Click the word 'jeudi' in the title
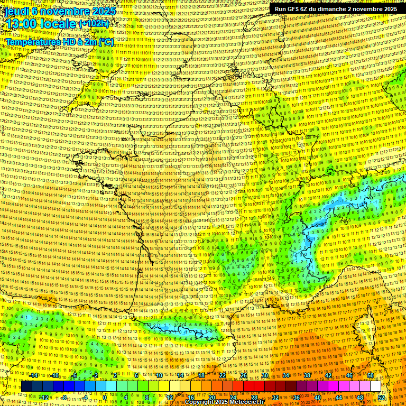tap(16, 11)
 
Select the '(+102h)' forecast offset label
tap(94, 24)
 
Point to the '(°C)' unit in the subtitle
tap(105, 42)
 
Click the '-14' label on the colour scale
tap(34, 375)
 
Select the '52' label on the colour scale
tap(381, 398)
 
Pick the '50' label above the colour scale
tap(371, 375)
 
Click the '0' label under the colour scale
tap(105, 398)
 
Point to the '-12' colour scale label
tap(44, 398)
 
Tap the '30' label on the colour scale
tap(265, 375)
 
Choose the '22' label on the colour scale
tap(223, 375)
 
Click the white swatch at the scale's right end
tap(376, 386)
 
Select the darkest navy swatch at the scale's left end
tap(26, 386)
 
